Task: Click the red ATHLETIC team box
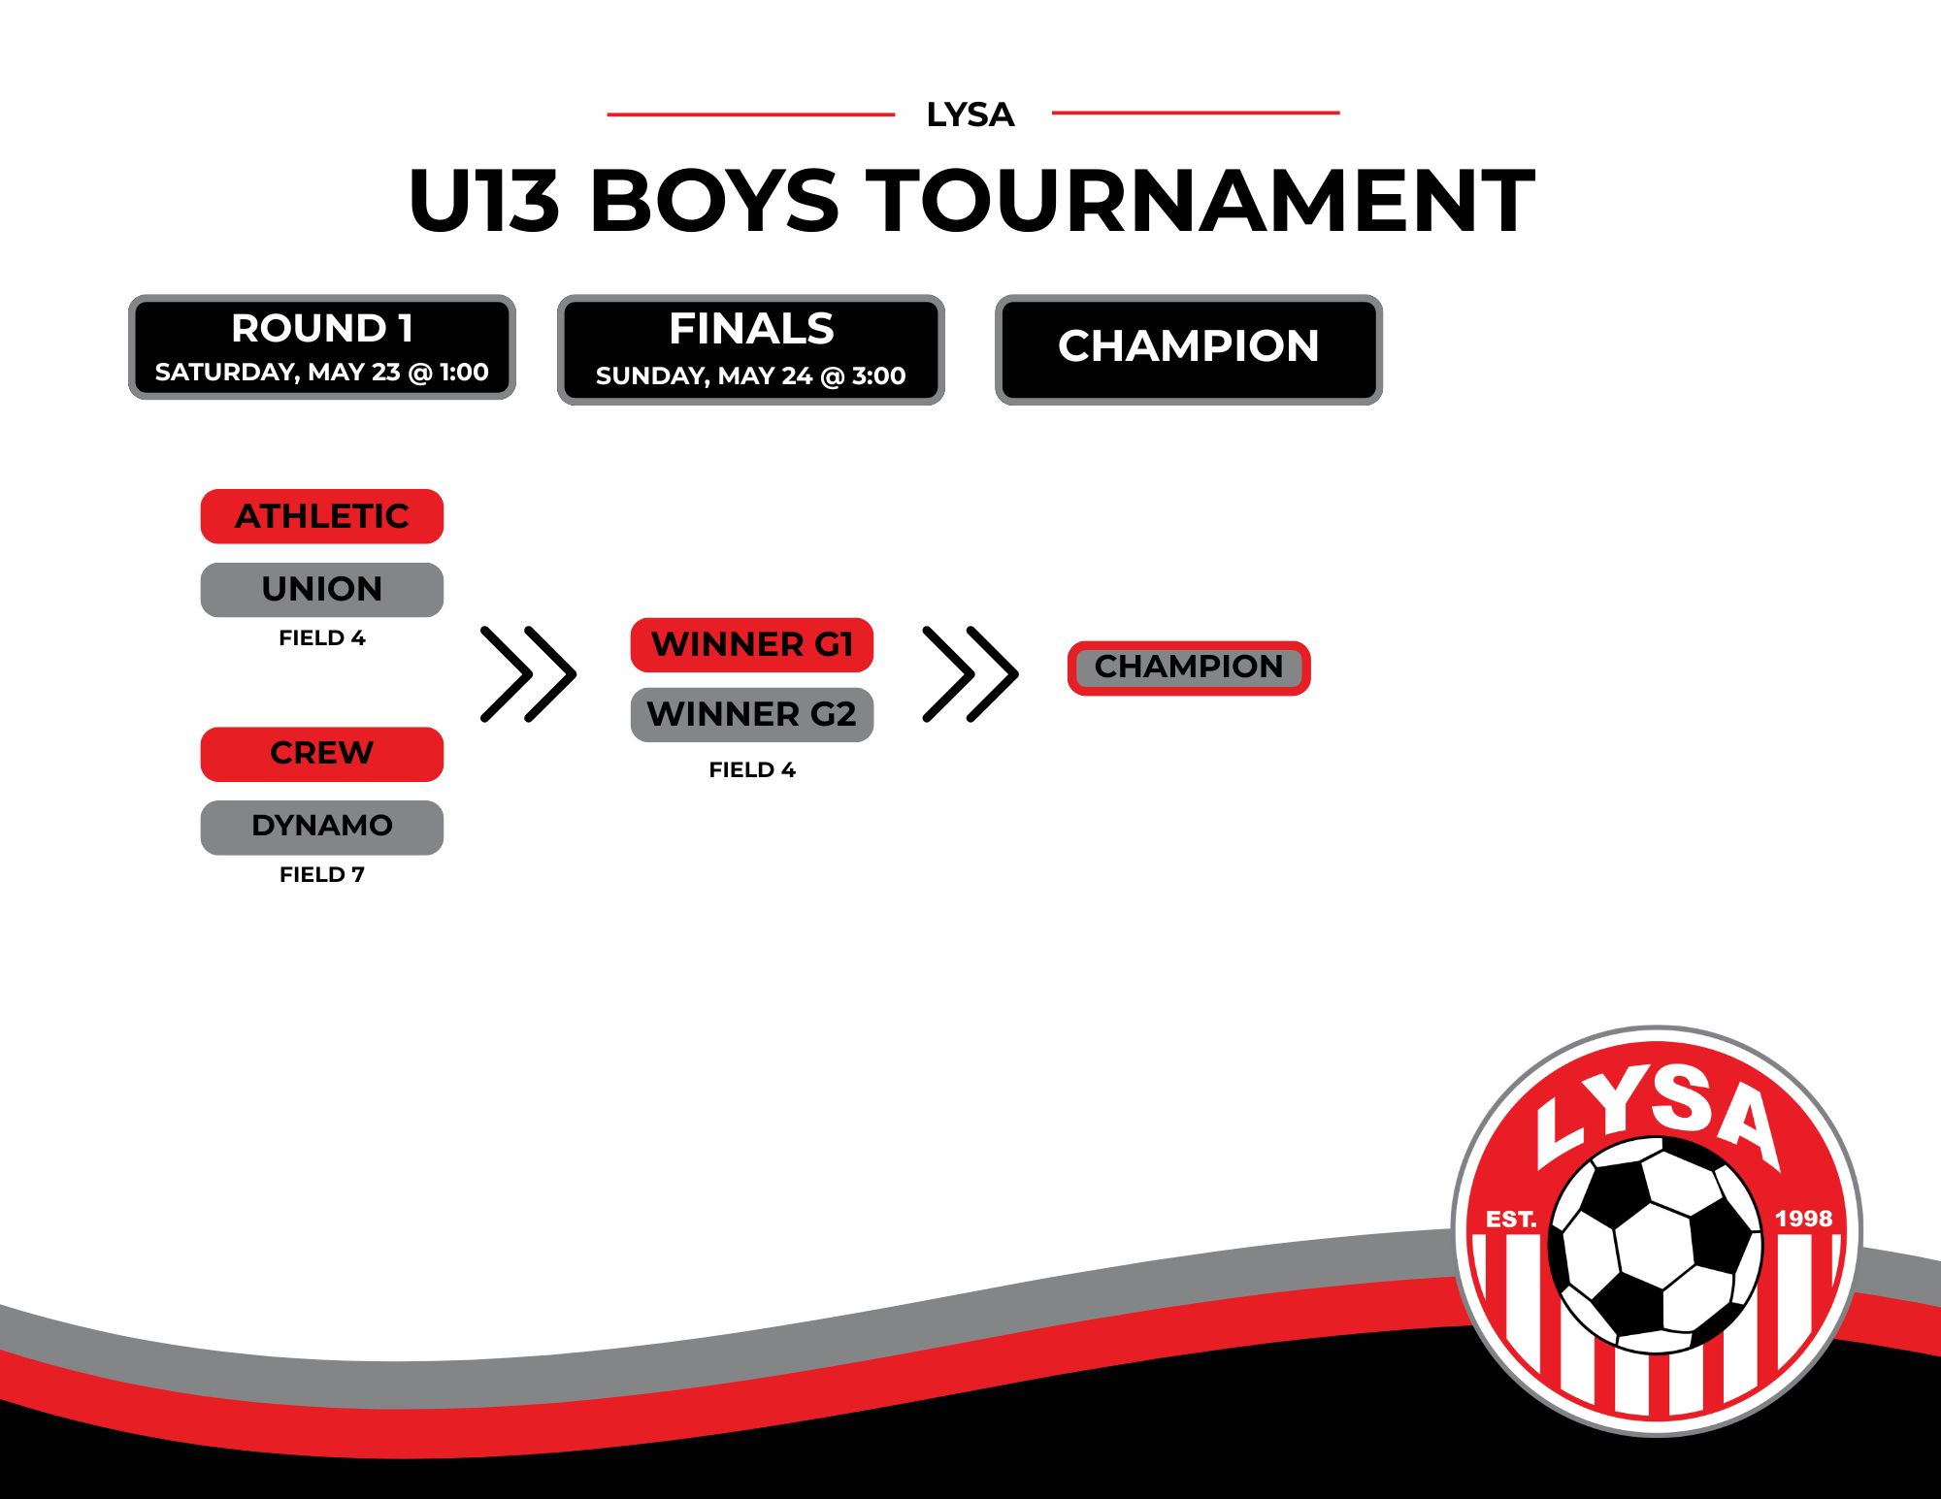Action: point(322,516)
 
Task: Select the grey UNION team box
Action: point(322,590)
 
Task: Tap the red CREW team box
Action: point(322,754)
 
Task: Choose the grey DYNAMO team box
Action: point(322,828)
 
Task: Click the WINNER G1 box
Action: point(752,645)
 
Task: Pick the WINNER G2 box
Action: point(752,715)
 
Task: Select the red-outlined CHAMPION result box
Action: point(1189,668)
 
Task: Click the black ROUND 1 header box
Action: point(322,347)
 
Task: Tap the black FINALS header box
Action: point(751,350)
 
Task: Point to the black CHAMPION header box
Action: point(1189,350)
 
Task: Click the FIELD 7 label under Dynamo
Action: point(322,874)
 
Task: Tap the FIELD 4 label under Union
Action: point(322,637)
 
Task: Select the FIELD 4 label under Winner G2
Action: point(752,769)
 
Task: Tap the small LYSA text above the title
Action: point(970,114)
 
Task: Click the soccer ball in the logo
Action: point(1656,1246)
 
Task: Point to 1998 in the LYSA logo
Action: point(1803,1219)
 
